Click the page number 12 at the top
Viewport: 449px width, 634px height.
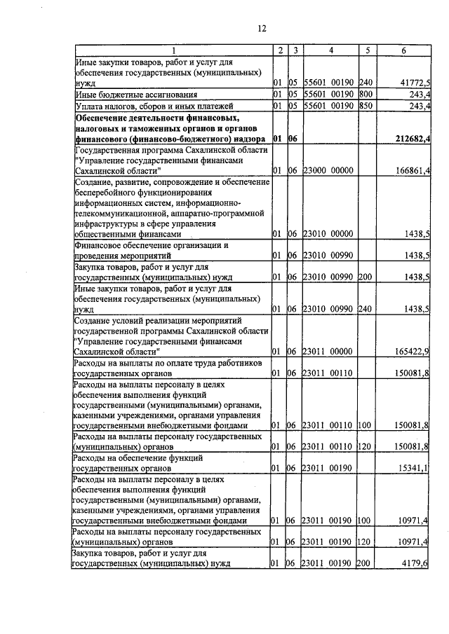[262, 28]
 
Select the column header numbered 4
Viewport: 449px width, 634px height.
[331, 50]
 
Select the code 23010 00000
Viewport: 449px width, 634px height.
[328, 234]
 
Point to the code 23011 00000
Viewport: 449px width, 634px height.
[328, 350]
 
